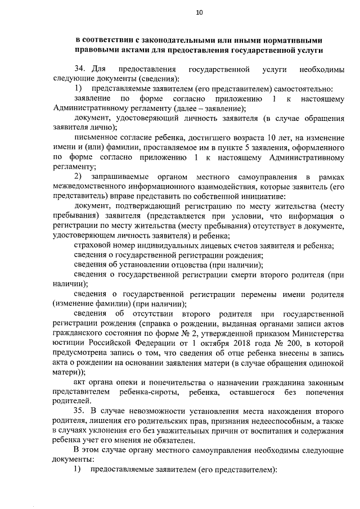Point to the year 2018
[x=245, y=343]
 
